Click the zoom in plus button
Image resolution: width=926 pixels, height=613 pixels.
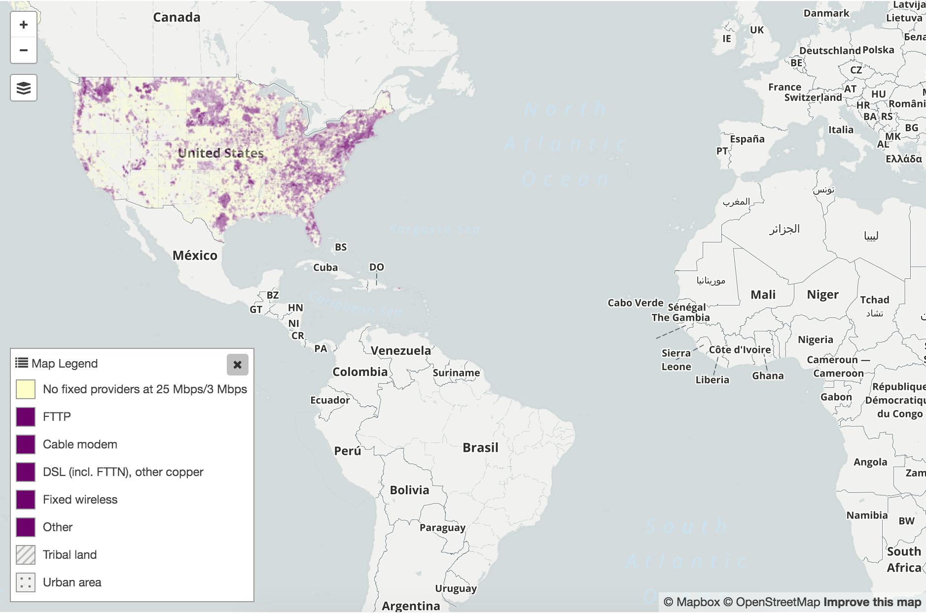tap(24, 25)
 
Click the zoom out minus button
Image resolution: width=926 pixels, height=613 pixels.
tap(24, 50)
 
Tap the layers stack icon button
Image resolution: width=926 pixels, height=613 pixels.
tap(24, 88)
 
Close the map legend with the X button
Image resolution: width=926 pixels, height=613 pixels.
tap(237, 365)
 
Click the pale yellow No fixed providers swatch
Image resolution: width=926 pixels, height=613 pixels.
tap(26, 389)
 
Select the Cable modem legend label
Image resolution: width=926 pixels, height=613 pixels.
tap(80, 444)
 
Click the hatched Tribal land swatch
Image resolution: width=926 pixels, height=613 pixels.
tap(26, 555)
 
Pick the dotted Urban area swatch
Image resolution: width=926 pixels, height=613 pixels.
tap(26, 582)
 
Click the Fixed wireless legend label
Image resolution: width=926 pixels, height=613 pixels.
tap(80, 500)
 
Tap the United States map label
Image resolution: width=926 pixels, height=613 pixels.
tap(220, 153)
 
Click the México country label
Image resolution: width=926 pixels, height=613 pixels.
tap(195, 255)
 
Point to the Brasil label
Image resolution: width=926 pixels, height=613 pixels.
tap(480, 447)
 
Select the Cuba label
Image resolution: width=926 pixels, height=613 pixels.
tap(325, 268)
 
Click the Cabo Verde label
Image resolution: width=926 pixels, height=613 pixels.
tap(635, 303)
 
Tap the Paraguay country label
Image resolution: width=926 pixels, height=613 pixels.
tap(442, 527)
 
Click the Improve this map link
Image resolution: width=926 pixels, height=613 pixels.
tap(872, 602)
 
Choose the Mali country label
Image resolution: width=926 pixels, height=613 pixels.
tap(763, 295)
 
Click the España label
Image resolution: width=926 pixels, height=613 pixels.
tap(747, 139)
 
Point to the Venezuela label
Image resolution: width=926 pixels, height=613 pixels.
tap(400, 351)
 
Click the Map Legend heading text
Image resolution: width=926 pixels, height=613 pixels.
tap(64, 364)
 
